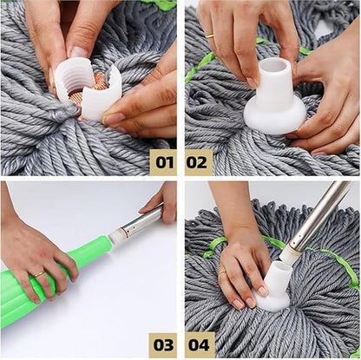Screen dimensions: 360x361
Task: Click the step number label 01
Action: coord(162,161)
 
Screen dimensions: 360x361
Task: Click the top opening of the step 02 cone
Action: coord(272,67)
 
